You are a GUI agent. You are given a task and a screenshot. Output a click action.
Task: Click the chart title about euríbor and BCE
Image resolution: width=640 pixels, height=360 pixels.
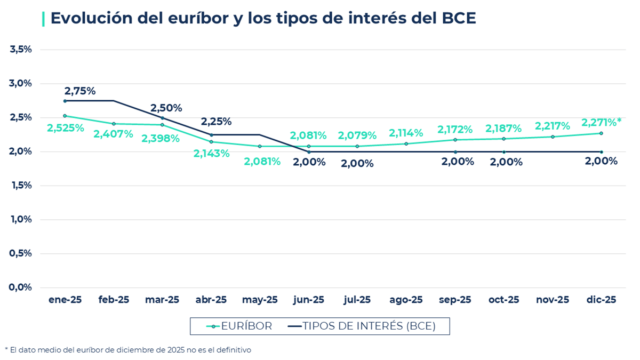tap(262, 18)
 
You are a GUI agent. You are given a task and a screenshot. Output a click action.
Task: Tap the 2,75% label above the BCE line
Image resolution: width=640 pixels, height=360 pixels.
tap(80, 91)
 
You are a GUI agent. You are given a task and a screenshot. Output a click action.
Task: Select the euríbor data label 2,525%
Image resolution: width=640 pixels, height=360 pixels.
tap(66, 128)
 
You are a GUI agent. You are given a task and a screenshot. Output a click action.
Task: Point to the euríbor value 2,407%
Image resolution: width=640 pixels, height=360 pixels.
tap(113, 134)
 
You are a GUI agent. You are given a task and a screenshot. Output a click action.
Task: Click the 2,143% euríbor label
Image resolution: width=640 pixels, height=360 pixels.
tap(211, 154)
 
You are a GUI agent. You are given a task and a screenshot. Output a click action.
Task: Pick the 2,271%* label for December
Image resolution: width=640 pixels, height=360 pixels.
tap(601, 123)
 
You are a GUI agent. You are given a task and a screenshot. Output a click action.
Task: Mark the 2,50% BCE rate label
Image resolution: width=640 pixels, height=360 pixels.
tap(166, 108)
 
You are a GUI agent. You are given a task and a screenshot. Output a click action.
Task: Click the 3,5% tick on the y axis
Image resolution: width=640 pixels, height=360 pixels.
tap(21, 50)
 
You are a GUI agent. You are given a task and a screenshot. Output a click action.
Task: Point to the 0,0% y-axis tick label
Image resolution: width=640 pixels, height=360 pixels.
tap(21, 287)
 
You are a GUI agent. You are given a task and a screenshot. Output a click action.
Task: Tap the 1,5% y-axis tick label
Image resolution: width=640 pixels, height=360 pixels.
tap(21, 186)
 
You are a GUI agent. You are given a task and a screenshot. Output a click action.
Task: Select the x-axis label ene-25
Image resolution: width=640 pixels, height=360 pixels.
tap(65, 300)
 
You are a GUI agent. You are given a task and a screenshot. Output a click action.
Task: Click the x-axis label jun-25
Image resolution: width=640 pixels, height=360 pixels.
tap(309, 300)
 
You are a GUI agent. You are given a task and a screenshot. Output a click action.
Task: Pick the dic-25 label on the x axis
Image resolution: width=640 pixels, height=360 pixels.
tap(601, 300)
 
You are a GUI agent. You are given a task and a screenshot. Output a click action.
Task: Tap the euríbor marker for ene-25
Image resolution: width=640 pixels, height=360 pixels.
tap(65, 116)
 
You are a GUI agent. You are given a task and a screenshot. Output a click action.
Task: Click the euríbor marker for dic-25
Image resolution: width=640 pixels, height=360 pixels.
tap(601, 133)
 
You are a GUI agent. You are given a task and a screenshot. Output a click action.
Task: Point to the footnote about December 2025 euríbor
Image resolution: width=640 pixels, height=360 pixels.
tap(128, 350)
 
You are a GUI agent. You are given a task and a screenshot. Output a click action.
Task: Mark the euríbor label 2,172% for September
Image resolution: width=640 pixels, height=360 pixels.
tap(455, 130)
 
